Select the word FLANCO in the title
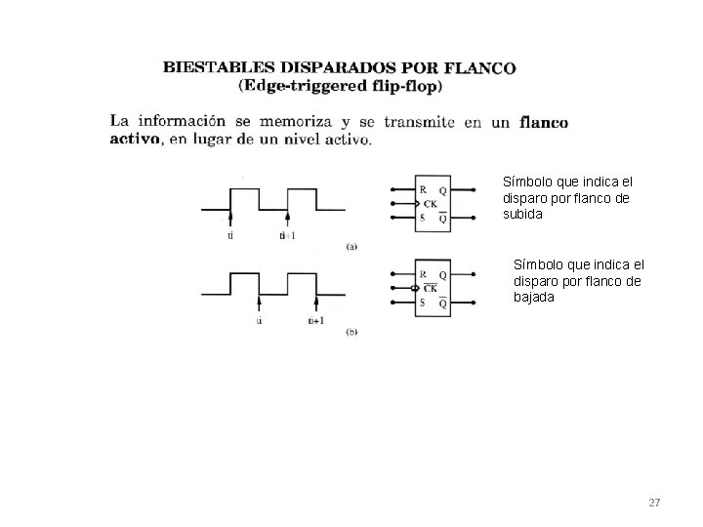tap(480, 69)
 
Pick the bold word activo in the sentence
tap(136, 140)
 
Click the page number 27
tap(654, 503)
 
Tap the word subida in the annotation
tap(522, 215)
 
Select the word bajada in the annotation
tap(534, 298)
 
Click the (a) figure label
tap(352, 246)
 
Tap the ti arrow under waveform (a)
tap(230, 219)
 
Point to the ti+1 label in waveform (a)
tap(288, 235)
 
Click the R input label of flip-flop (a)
tap(422, 189)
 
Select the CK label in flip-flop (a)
tap(430, 204)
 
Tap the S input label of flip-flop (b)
tap(422, 303)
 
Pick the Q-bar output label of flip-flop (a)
tap(442, 219)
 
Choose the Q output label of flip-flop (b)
tap(442, 275)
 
